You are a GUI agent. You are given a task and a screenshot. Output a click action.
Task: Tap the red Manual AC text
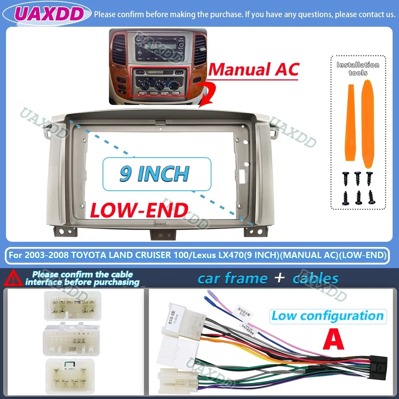[254, 69]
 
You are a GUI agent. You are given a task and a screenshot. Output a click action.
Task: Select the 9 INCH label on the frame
[155, 174]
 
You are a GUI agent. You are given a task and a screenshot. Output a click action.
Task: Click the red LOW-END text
[139, 210]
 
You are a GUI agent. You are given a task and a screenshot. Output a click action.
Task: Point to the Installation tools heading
[358, 68]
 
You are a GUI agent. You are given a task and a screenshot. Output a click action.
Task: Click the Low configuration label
[327, 316]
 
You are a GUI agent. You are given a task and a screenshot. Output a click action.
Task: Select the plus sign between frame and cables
[280, 279]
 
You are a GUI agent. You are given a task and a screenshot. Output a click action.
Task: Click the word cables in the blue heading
[316, 279]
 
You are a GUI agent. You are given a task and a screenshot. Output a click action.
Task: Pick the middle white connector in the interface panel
[72, 340]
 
